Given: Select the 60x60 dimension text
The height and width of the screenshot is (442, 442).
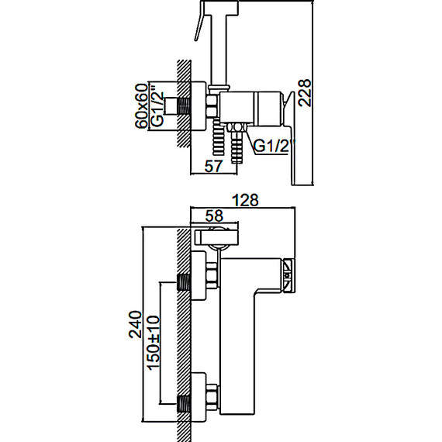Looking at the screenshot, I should coord(141,105).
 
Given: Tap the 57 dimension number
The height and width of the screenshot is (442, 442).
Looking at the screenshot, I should coord(213,166).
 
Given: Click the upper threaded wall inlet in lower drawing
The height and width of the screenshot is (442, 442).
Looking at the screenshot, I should coord(184,281).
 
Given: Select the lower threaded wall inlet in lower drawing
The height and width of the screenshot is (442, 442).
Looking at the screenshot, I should coord(184,404).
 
